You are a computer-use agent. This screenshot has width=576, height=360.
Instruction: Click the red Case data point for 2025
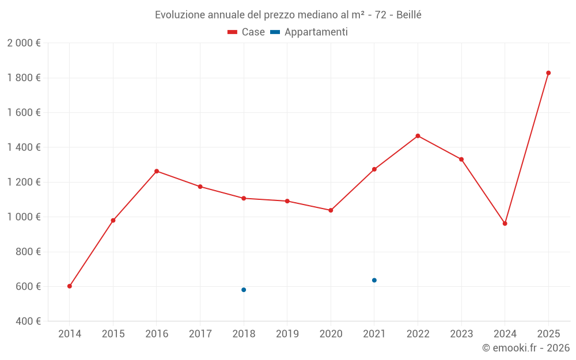click(548, 73)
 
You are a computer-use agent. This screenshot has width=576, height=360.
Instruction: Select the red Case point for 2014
click(70, 286)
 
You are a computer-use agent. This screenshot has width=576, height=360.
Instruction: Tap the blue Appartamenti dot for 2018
click(244, 290)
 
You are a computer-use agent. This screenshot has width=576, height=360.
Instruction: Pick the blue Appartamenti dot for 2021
click(374, 281)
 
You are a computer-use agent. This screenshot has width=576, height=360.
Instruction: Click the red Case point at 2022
click(418, 136)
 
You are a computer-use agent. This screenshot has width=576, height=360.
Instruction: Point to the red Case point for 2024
click(505, 223)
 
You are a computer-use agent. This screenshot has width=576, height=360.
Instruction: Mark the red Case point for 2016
click(157, 171)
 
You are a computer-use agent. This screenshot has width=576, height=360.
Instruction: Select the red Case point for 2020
click(331, 210)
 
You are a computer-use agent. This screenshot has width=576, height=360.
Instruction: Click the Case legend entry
click(247, 32)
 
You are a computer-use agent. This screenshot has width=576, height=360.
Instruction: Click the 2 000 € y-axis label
click(24, 43)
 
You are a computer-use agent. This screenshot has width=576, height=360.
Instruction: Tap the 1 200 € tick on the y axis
click(24, 182)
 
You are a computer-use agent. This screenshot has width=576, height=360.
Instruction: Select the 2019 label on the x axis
click(287, 334)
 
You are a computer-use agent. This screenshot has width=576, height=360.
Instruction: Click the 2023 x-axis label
click(461, 334)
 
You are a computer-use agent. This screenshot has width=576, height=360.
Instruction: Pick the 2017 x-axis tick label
click(200, 334)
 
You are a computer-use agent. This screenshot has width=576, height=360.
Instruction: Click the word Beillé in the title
click(408, 15)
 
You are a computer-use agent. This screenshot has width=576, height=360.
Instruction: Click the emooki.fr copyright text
click(526, 348)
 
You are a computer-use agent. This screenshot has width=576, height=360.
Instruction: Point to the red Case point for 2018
click(244, 198)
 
